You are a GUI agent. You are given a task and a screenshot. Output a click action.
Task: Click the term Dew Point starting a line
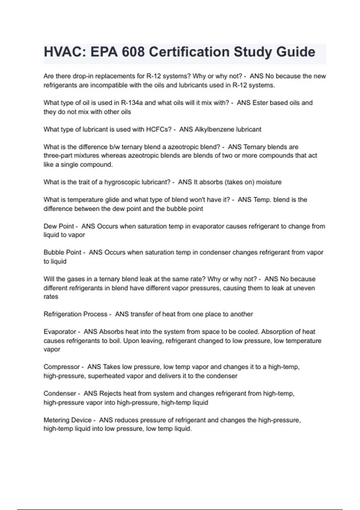tap(59, 226)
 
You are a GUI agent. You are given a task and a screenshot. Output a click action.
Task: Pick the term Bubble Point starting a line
tap(62, 252)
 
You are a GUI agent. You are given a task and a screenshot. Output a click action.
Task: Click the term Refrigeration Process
tap(75, 314)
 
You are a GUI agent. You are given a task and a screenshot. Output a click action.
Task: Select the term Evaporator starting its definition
tap(60, 332)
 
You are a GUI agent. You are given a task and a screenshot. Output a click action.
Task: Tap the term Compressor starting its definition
tap(61, 367)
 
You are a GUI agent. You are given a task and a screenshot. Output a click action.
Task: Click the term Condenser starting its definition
tap(60, 393)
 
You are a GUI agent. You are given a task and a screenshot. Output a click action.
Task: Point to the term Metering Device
tap(67, 420)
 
